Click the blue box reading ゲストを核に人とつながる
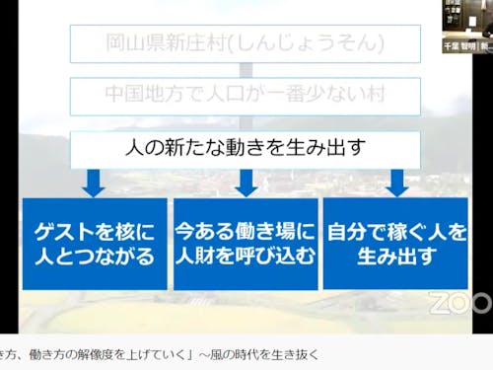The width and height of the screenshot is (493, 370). [94, 244]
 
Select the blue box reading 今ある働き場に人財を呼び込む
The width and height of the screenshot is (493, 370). [246, 244]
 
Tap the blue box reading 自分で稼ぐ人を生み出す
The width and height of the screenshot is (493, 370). [396, 244]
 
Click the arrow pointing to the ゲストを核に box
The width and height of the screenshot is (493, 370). [94, 183]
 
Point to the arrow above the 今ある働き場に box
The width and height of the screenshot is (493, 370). [246, 183]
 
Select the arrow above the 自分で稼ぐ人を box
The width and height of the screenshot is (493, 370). [396, 183]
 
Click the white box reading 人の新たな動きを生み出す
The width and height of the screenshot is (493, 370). [246, 149]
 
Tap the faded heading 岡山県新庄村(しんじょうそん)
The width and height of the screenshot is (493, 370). [246, 43]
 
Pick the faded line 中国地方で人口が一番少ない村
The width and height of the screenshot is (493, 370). [246, 97]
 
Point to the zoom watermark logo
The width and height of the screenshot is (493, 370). [460, 301]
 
